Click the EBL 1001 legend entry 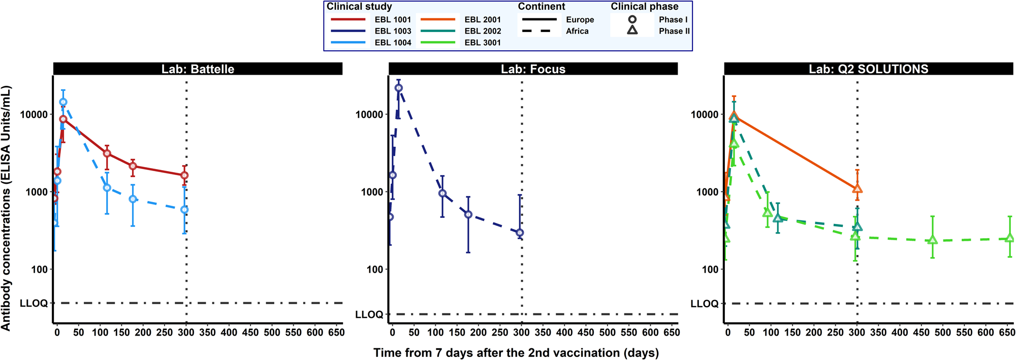tap(392, 19)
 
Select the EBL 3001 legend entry tap(482, 43)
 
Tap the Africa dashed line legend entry tap(577, 31)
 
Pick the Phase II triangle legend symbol tap(632, 30)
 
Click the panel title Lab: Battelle tap(198, 69)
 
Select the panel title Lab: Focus tap(533, 69)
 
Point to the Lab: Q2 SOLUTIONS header tap(868, 69)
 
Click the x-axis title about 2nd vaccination tap(516, 353)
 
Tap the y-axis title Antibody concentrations tap(6, 208)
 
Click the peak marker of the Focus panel tap(399, 88)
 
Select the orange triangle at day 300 tap(858, 189)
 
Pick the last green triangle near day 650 tap(1010, 238)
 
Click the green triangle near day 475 tap(933, 240)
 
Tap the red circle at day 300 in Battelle tap(185, 175)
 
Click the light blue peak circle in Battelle tap(63, 102)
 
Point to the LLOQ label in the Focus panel tap(369, 315)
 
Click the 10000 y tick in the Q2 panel tap(705, 115)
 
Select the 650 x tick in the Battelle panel tap(336, 333)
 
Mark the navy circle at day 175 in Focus tap(468, 215)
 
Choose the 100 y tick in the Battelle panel tap(39, 270)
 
